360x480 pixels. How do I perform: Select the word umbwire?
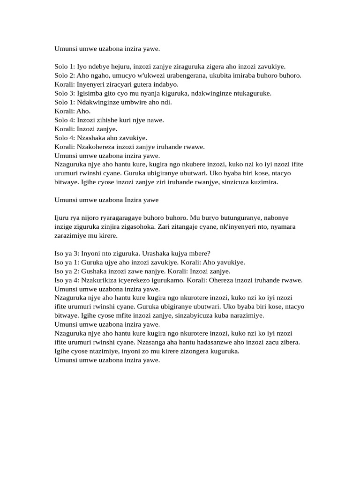[x=136, y=102]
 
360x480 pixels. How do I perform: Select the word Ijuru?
[x=62, y=218]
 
